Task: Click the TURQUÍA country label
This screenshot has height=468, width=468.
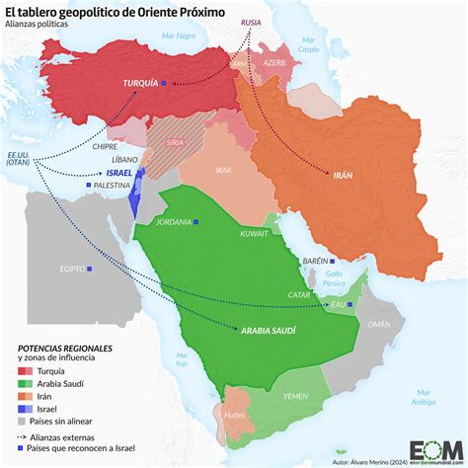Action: click(x=139, y=85)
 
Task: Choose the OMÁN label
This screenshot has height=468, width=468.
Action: click(x=379, y=324)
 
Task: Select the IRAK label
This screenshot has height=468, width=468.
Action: click(x=224, y=170)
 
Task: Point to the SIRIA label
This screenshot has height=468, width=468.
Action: click(x=174, y=142)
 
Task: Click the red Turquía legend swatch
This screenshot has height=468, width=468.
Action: click(x=26, y=370)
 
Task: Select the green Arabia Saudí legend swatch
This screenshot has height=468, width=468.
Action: click(x=26, y=384)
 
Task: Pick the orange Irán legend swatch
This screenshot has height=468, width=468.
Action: click(x=26, y=397)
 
